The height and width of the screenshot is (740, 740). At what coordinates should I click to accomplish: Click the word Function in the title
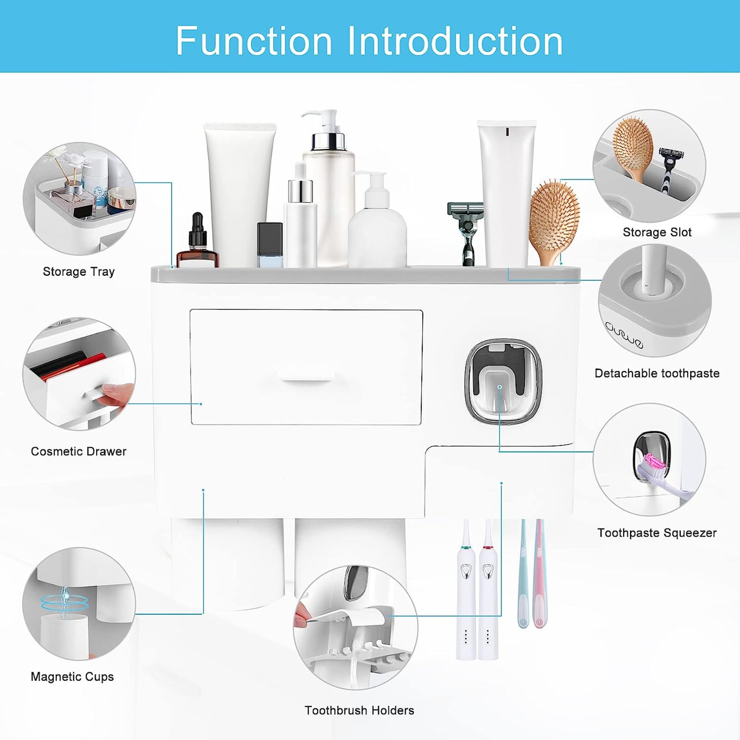click(x=253, y=41)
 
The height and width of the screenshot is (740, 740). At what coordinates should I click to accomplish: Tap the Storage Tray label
click(x=78, y=272)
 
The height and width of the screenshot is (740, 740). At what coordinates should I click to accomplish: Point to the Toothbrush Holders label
click(x=359, y=710)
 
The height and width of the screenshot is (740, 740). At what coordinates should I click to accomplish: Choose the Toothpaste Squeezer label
click(x=657, y=533)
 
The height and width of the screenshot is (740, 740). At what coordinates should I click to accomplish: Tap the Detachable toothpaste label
click(x=657, y=373)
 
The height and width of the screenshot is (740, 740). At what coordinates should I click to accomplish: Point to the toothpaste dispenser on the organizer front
click(x=503, y=379)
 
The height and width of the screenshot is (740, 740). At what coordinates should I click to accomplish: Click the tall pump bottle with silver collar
click(x=329, y=192)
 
